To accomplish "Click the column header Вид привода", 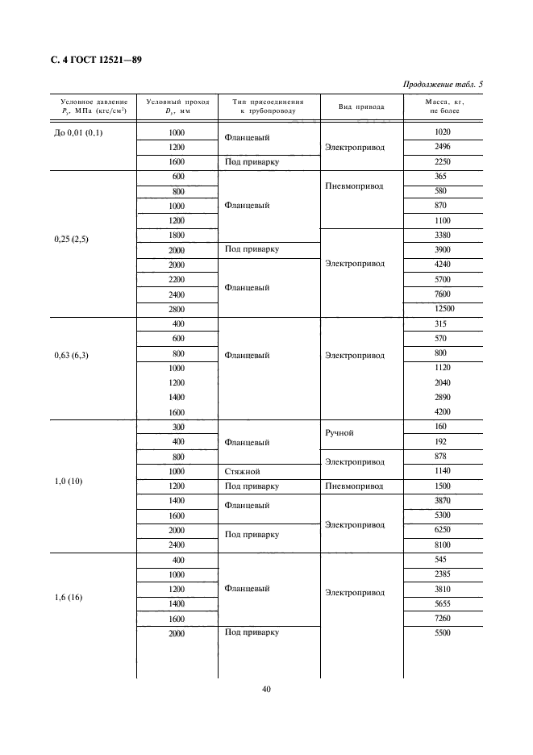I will coord(361,107).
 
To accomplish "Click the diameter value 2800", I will coord(177,309).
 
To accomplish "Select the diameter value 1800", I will coord(177,236).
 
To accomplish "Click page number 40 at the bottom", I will coord(266,690).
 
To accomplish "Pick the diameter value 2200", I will coord(177,280).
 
